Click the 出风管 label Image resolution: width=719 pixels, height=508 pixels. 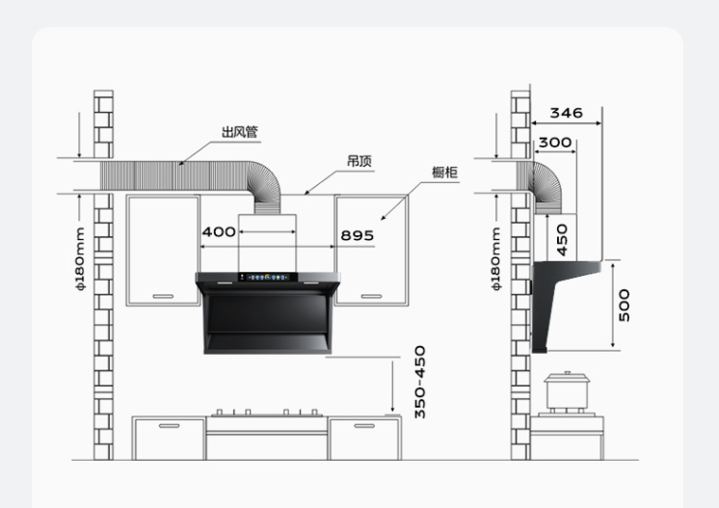pyautogui.click(x=239, y=132)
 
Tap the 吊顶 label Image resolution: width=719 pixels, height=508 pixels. pyautogui.click(x=359, y=161)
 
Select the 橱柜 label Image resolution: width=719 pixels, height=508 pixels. pyautogui.click(x=444, y=173)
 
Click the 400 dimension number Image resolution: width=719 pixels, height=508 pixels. pyautogui.click(x=219, y=232)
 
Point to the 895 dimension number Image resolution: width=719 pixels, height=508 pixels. pyautogui.click(x=358, y=235)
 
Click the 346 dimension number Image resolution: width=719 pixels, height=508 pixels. pyautogui.click(x=567, y=113)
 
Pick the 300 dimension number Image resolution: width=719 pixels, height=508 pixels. pyautogui.click(x=555, y=143)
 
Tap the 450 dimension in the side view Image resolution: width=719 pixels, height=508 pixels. pyautogui.click(x=562, y=240)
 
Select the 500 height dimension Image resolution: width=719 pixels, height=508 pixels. pyautogui.click(x=625, y=306)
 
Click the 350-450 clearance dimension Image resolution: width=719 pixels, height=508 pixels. pyautogui.click(x=420, y=382)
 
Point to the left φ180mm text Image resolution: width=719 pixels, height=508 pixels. pyautogui.click(x=80, y=259)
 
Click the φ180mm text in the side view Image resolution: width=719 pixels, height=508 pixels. pyautogui.click(x=496, y=259)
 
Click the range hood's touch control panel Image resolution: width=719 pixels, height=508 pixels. pyautogui.click(x=268, y=277)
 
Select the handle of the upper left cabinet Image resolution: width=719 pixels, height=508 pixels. pyautogui.click(x=163, y=296)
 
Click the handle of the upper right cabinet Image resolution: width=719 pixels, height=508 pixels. pyautogui.click(x=371, y=296)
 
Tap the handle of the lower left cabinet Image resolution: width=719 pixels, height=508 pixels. pyautogui.click(x=170, y=426)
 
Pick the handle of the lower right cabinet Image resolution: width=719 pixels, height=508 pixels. pyautogui.click(x=364, y=426)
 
